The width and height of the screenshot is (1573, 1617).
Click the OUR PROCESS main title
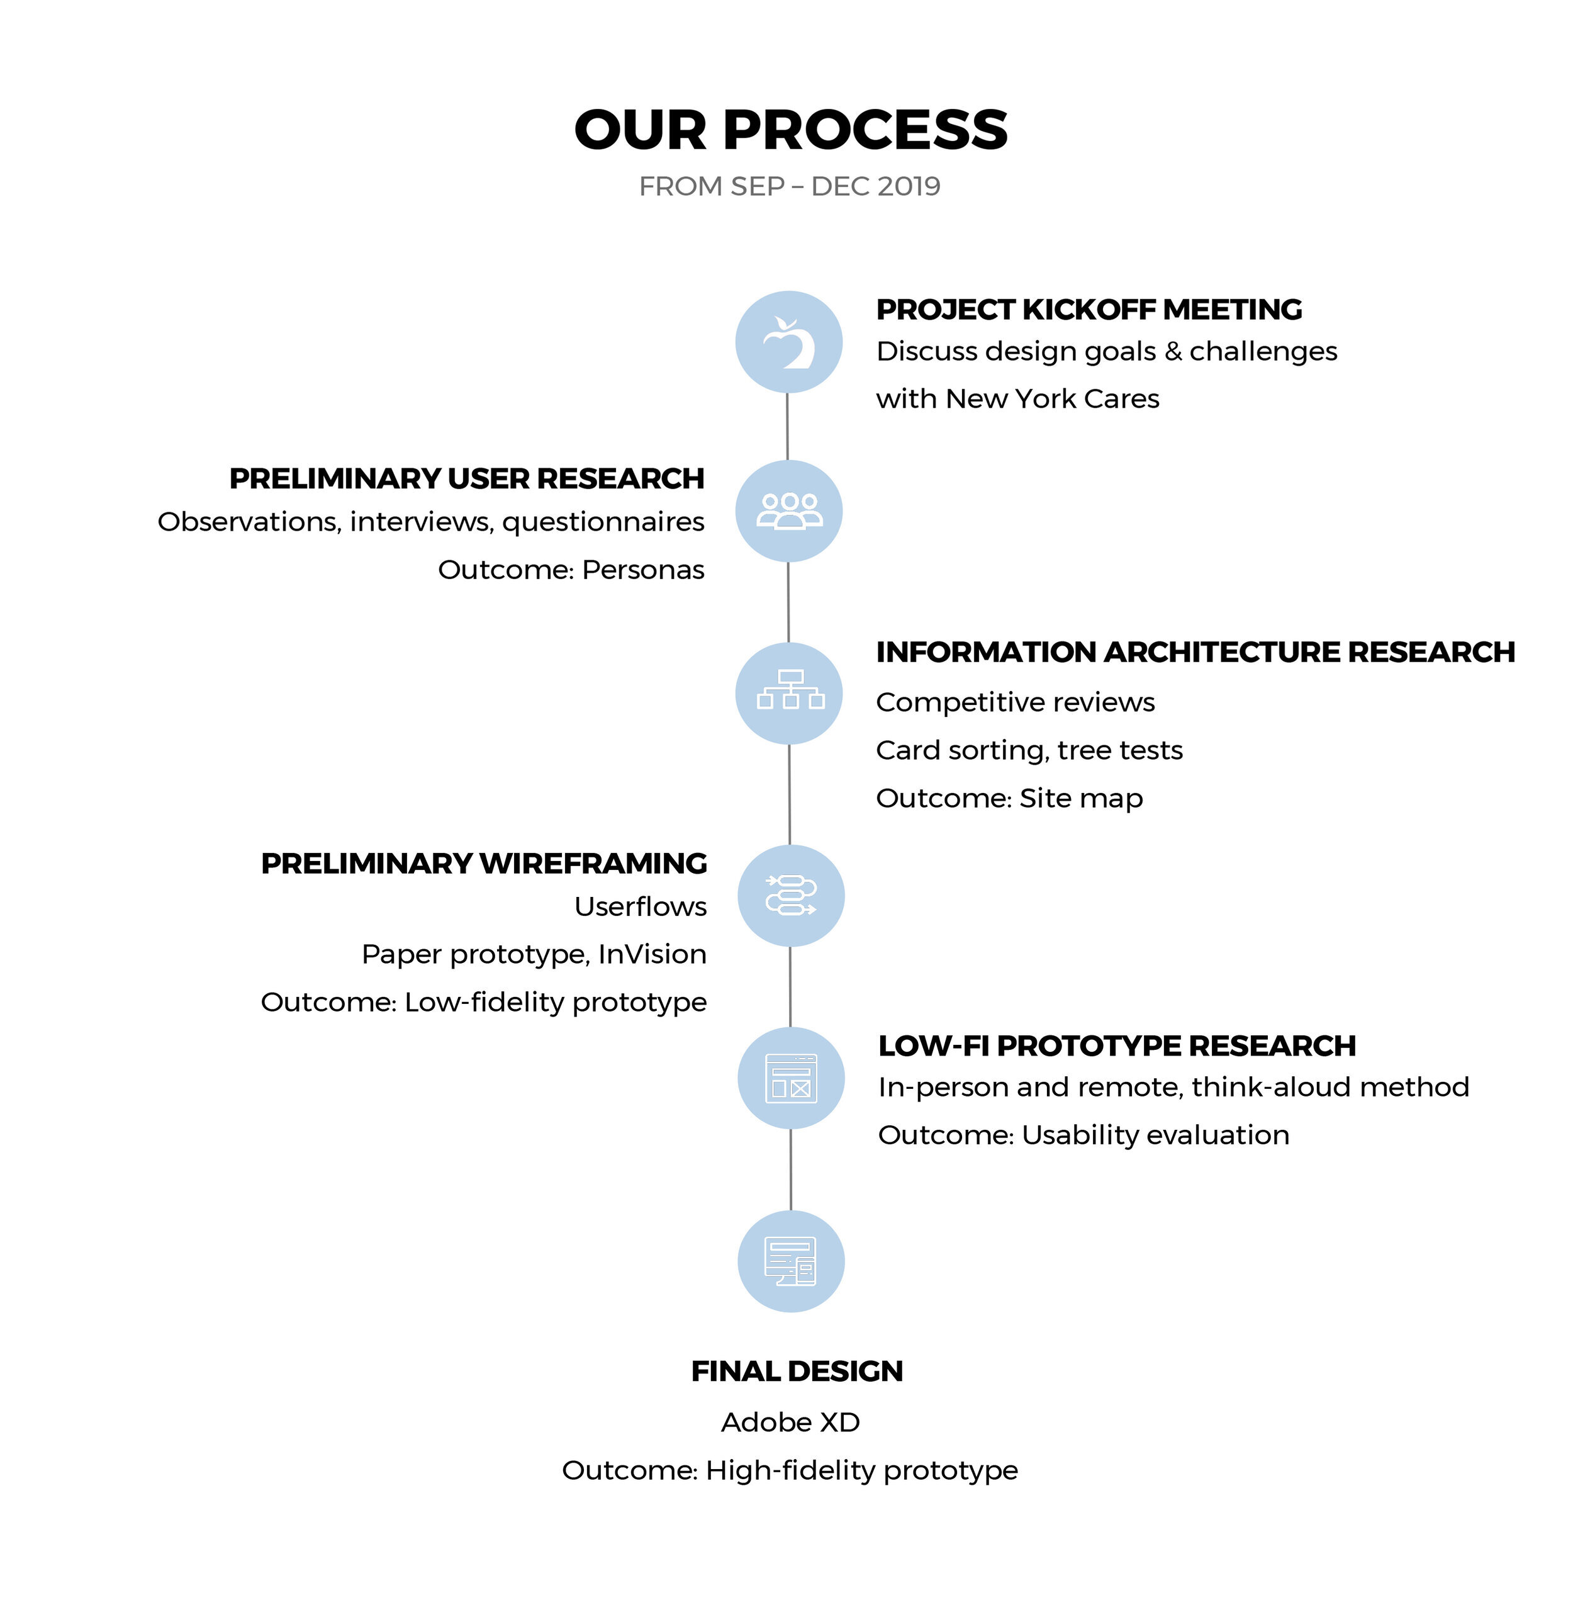tap(791, 130)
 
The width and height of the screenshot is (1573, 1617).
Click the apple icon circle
tap(789, 342)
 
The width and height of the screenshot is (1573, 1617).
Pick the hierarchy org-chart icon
tap(791, 690)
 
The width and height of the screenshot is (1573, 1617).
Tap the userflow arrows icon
tap(791, 895)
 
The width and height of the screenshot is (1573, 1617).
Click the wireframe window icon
tap(792, 1078)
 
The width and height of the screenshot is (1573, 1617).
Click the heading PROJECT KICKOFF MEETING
tap(1089, 309)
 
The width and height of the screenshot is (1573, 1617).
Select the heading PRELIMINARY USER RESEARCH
tap(467, 478)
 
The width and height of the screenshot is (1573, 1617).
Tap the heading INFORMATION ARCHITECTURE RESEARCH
tap(1195, 652)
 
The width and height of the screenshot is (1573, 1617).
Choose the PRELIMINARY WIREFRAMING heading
tap(484, 864)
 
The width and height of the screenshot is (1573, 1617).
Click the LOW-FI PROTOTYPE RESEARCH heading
tap(1117, 1046)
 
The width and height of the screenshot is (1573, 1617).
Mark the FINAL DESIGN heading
tap(797, 1372)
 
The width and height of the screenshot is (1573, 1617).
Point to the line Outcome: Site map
tap(1010, 798)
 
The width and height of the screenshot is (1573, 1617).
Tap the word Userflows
tap(641, 906)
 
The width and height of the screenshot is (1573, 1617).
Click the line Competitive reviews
tap(1016, 702)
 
